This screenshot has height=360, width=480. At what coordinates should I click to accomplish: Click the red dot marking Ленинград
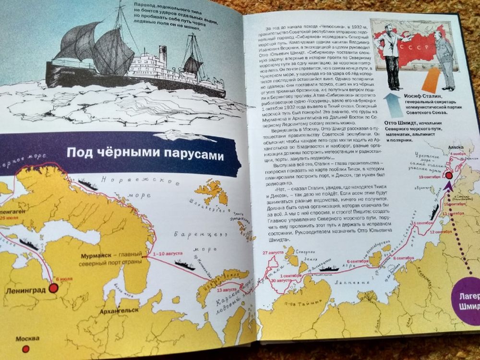pyautogui.click(x=53, y=288)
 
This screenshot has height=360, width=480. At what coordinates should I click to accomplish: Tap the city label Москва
pyautogui.click(x=27, y=339)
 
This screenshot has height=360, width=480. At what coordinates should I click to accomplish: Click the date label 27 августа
pyautogui.click(x=274, y=252)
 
